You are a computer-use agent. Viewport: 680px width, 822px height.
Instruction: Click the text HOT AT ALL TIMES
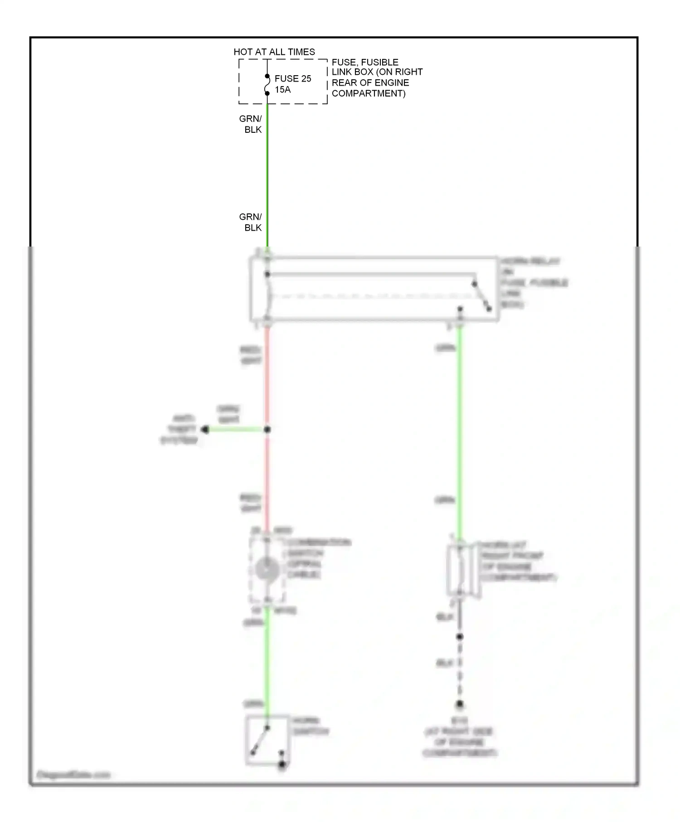click(x=274, y=52)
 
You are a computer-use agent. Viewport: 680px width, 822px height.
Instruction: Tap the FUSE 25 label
click(x=293, y=79)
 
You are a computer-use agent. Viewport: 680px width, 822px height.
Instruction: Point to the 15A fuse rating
click(x=283, y=90)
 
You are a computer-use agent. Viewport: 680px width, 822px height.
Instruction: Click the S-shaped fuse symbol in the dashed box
click(x=267, y=85)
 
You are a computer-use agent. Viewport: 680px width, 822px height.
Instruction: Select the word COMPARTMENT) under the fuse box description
click(x=369, y=94)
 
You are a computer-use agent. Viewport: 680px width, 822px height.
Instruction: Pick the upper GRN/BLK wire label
click(x=251, y=124)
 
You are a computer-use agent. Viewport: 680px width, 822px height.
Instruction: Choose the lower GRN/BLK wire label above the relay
click(x=251, y=222)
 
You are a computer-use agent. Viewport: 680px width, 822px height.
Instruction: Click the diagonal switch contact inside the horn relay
click(x=481, y=296)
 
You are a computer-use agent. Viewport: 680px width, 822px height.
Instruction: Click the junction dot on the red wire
click(x=267, y=430)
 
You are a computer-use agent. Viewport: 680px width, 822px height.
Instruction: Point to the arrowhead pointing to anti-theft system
click(x=205, y=430)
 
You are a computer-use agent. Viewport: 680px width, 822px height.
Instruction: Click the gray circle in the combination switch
click(x=267, y=569)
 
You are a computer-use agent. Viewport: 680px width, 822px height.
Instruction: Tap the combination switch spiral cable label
click(x=317, y=558)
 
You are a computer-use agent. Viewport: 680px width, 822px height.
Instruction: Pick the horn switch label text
click(x=311, y=726)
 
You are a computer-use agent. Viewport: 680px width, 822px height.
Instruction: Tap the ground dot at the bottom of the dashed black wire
click(x=460, y=704)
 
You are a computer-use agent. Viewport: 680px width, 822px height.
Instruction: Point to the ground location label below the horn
click(x=460, y=737)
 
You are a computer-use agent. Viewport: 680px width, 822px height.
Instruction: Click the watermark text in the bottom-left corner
click(x=73, y=774)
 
